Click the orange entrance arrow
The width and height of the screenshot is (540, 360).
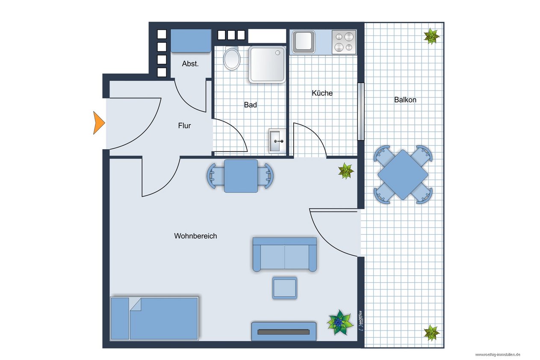(x=98, y=123)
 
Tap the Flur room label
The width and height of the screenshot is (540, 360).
(x=184, y=126)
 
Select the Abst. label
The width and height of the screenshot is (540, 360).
(x=190, y=64)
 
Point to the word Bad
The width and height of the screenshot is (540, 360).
(x=250, y=105)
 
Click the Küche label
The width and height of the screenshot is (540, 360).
(x=322, y=93)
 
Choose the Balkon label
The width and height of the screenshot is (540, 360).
(x=405, y=100)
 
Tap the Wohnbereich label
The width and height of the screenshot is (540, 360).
(x=195, y=236)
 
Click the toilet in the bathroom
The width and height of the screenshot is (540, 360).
(x=232, y=59)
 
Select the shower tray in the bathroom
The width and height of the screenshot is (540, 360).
(x=267, y=65)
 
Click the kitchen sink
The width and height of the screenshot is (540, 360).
(x=304, y=41)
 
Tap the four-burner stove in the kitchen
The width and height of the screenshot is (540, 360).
(x=344, y=42)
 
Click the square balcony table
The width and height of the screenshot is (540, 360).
(x=403, y=174)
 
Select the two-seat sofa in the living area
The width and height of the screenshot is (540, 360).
(x=284, y=254)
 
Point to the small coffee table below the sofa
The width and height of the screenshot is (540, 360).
(x=284, y=288)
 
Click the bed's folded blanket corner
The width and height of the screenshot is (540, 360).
(x=136, y=304)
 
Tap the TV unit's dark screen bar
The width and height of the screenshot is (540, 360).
(x=283, y=332)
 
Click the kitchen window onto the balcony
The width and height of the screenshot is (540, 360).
(x=361, y=112)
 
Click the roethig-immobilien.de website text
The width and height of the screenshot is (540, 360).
(x=498, y=354)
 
